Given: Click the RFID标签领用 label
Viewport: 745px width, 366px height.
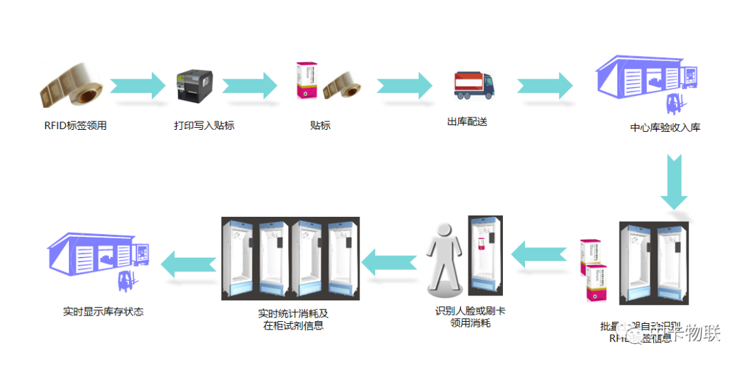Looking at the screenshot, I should point(75,126).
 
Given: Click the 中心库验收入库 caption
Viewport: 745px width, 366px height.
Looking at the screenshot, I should point(665,127).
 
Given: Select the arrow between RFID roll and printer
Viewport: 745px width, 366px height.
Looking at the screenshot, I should point(138,86).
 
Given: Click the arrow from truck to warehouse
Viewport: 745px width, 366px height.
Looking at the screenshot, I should point(545,86).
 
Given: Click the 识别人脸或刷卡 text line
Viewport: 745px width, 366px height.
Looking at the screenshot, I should point(470,311).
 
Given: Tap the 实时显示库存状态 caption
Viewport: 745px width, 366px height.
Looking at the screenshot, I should point(103,311).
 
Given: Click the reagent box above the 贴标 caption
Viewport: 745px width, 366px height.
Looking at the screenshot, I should point(306,81).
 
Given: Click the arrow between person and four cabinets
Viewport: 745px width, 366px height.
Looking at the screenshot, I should point(390,260).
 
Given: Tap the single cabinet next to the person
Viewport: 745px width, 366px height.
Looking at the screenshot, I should point(485,256).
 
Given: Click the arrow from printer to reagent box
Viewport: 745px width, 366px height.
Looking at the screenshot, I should point(250,86).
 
